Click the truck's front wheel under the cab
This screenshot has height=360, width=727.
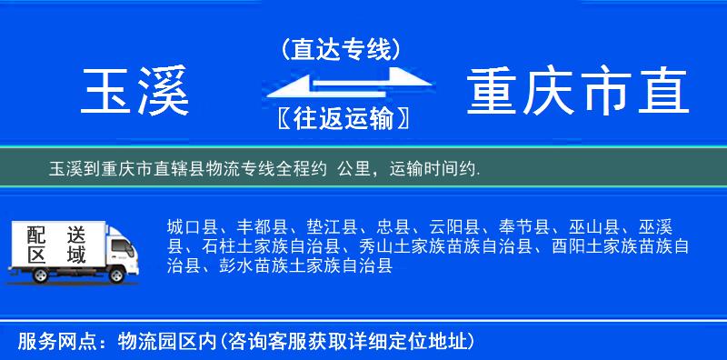click(116, 275)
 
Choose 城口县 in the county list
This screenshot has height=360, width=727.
click(192, 226)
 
